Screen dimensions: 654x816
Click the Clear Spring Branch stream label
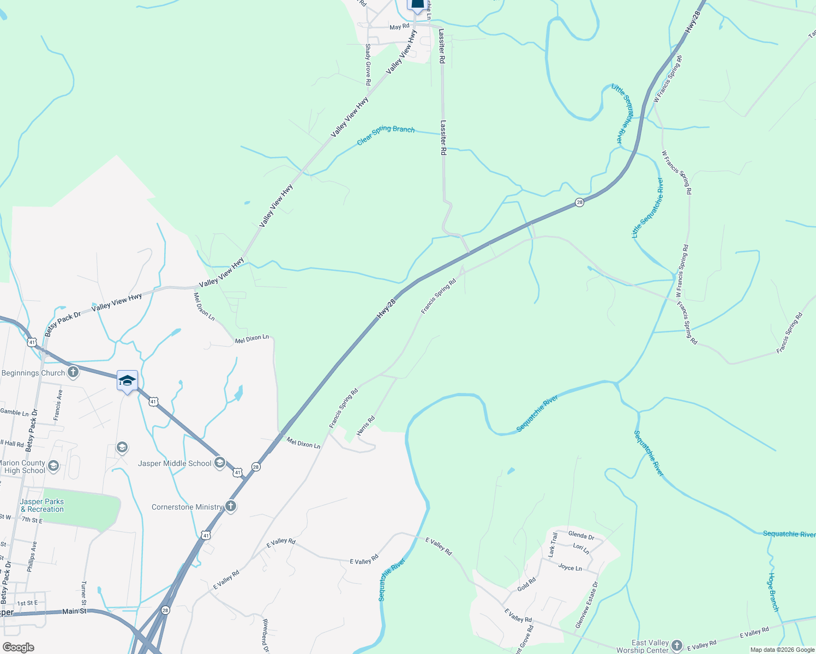(386, 134)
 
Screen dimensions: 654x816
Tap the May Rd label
(399, 27)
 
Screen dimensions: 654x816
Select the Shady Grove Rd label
(368, 64)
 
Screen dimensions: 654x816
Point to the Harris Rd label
(366, 425)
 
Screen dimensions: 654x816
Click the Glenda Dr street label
(581, 535)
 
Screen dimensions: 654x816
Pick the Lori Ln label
(581, 548)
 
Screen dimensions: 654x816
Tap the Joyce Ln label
(570, 567)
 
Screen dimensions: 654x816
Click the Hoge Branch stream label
(773, 592)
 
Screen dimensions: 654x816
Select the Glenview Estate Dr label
(586, 604)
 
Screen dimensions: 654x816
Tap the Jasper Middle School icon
(219, 463)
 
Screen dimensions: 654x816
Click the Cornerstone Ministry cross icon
(231, 507)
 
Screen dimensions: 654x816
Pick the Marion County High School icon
(53, 466)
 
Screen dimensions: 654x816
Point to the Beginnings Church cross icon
(73, 373)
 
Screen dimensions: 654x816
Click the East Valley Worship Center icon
(677, 646)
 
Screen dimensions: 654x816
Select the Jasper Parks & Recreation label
(42, 505)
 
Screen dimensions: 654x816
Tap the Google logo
(18, 647)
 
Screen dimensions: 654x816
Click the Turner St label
(83, 594)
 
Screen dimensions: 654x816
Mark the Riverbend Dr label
(265, 635)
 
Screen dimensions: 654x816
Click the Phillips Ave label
(31, 556)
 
